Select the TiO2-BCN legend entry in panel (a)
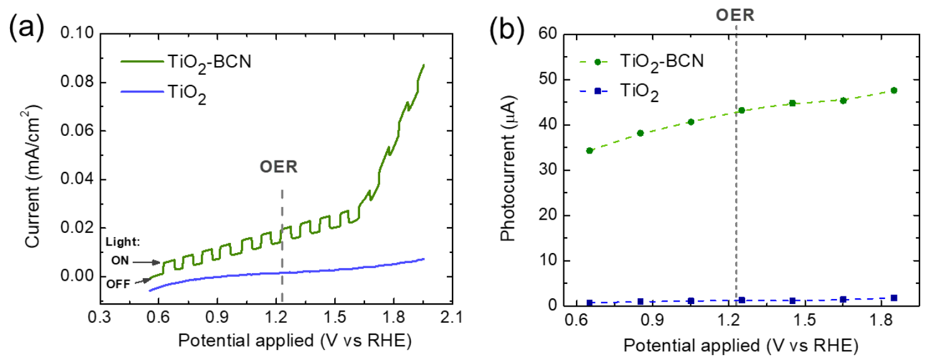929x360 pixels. pyautogui.click(x=186, y=63)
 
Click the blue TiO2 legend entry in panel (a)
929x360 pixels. pyautogui.click(x=164, y=93)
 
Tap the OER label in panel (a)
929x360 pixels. pyautogui.click(x=279, y=167)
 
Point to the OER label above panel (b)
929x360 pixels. pyautogui.click(x=735, y=15)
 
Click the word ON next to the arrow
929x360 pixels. pyautogui.click(x=120, y=261)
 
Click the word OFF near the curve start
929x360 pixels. pyautogui.click(x=118, y=284)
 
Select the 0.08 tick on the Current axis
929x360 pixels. pyautogui.click(x=77, y=82)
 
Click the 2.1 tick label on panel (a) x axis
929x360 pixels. pyautogui.click(x=452, y=317)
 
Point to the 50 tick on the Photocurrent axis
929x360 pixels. pyautogui.click(x=548, y=79)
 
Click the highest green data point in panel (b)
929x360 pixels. pyautogui.click(x=894, y=91)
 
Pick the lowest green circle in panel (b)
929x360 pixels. pyautogui.click(x=589, y=150)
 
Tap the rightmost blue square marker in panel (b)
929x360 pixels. pyautogui.click(x=894, y=298)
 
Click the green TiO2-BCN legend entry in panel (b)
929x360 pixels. pyautogui.click(x=641, y=62)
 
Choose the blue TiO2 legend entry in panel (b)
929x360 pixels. pyautogui.click(x=619, y=91)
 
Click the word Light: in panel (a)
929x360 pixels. pyautogui.click(x=123, y=242)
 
